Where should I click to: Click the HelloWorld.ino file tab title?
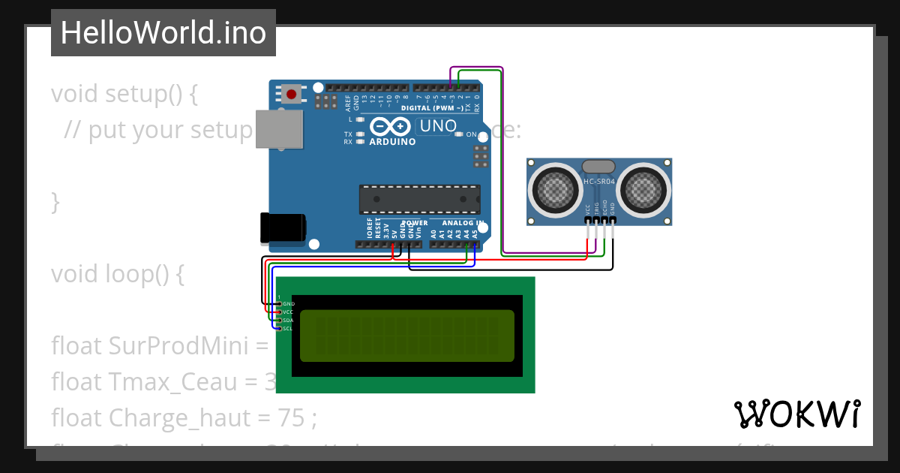click(163, 33)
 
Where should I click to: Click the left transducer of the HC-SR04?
click(556, 188)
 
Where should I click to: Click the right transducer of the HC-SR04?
click(643, 188)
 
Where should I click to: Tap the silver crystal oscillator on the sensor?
click(598, 167)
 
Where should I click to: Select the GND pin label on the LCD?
click(288, 303)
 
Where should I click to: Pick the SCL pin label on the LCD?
click(288, 328)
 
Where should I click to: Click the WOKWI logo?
click(796, 414)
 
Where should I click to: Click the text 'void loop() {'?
click(117, 274)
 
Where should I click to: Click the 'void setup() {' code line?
click(124, 94)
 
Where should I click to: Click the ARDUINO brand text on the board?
click(392, 141)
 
